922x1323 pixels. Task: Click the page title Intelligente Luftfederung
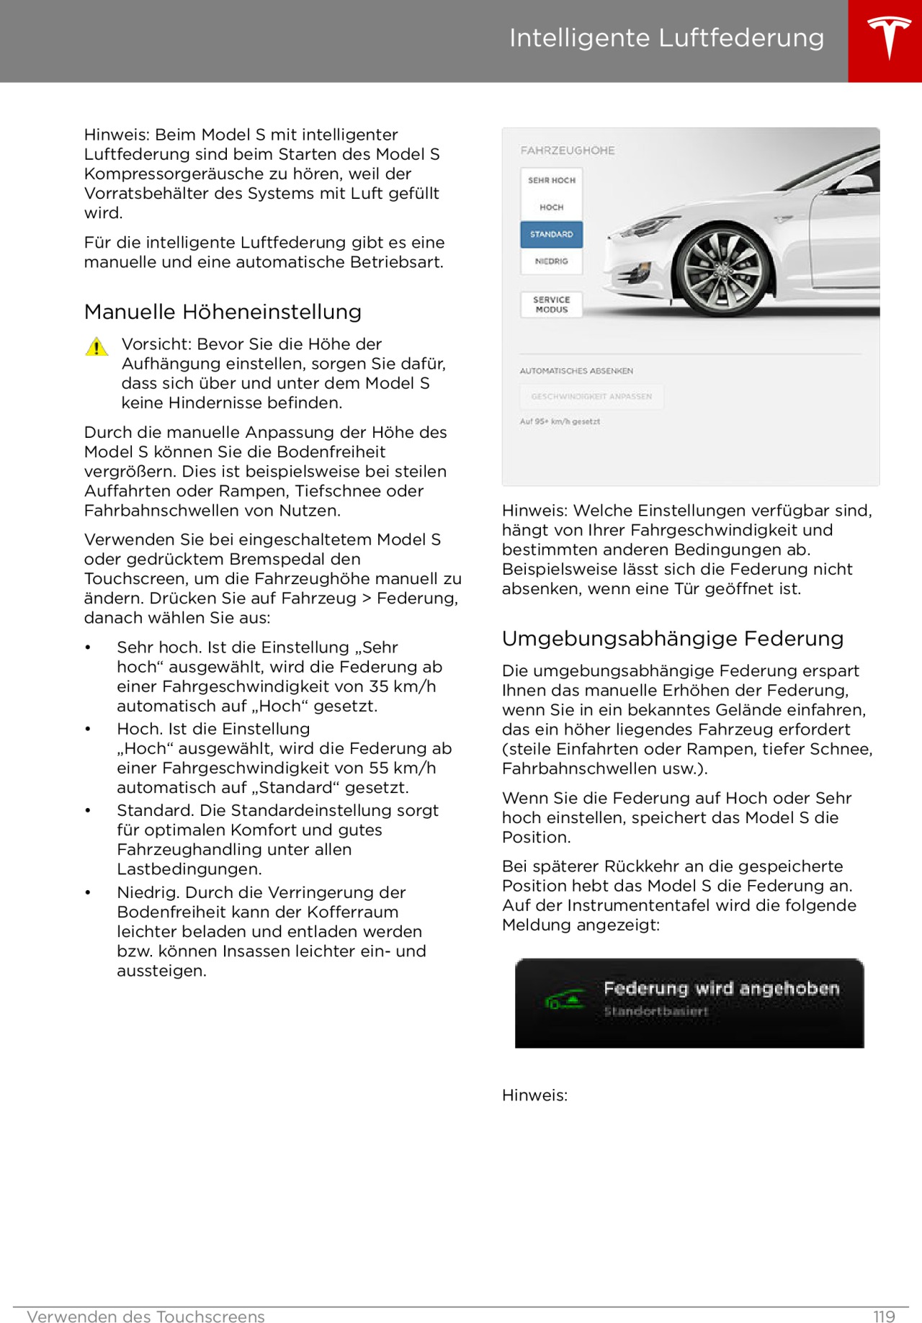point(666,37)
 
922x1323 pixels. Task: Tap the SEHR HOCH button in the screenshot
point(552,180)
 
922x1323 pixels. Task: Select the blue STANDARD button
point(552,234)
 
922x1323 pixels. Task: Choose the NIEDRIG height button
point(552,261)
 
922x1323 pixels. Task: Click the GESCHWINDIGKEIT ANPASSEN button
point(591,397)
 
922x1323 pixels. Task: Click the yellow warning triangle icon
point(97,347)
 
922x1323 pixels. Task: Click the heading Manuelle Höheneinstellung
point(223,312)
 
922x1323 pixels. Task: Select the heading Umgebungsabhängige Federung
point(673,639)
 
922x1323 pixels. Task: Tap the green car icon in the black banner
point(565,1000)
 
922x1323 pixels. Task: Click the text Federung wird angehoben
point(721,988)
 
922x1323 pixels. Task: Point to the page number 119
point(884,1317)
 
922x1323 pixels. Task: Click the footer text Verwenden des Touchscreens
point(146,1317)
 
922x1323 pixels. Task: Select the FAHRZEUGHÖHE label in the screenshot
point(568,151)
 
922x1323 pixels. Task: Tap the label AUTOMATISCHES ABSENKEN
point(576,371)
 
